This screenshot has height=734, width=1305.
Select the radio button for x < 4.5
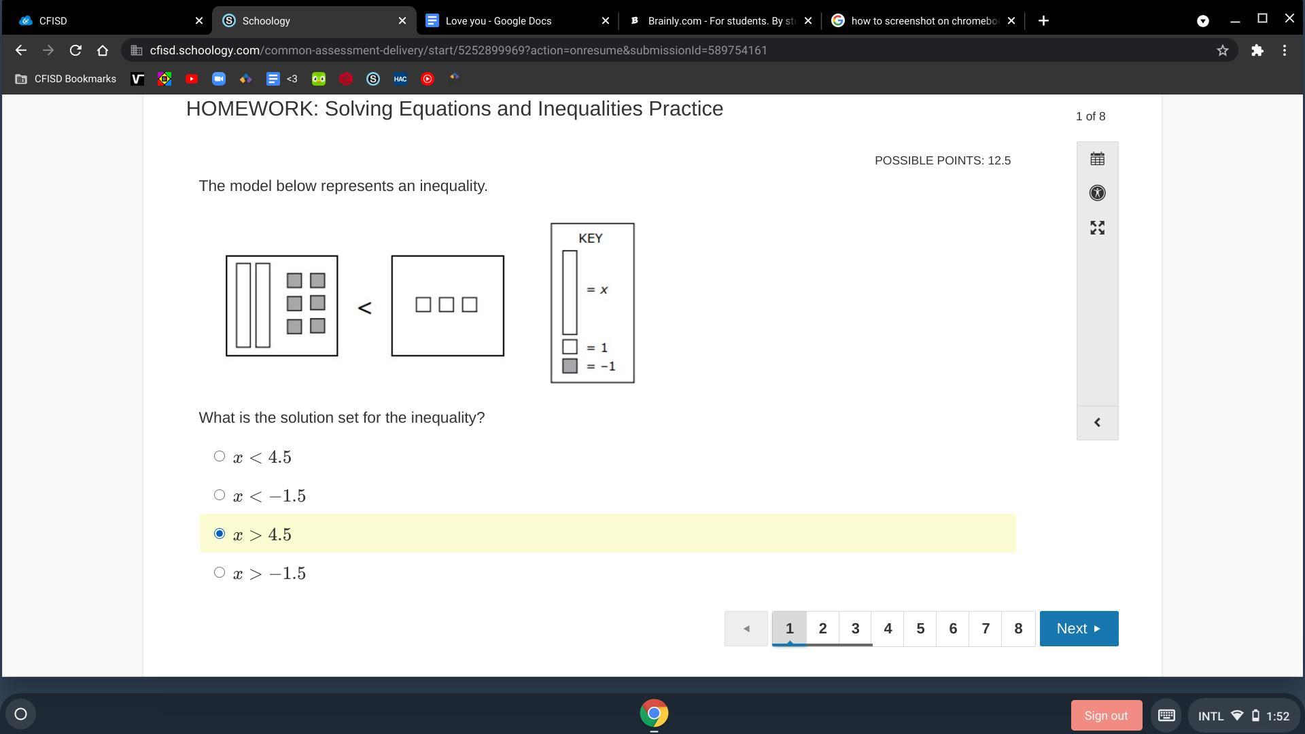(x=219, y=456)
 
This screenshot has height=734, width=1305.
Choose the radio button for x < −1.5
(x=219, y=495)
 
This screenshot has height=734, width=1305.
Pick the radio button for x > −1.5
(x=219, y=572)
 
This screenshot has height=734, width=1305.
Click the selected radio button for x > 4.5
(x=219, y=534)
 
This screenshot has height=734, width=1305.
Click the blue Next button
(x=1079, y=629)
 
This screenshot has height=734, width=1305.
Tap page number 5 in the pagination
(x=920, y=629)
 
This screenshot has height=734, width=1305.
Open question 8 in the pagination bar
(x=1018, y=629)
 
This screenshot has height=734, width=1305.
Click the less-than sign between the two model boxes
(x=364, y=308)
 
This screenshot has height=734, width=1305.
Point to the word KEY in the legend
(x=591, y=239)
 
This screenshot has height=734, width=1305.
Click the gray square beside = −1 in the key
(x=570, y=366)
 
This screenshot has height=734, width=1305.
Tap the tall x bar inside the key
(x=570, y=292)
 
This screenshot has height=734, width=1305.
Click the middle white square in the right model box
(x=446, y=304)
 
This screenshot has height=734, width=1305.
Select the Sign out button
(x=1106, y=716)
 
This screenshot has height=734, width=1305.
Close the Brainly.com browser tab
(x=808, y=21)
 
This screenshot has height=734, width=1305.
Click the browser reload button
(x=75, y=50)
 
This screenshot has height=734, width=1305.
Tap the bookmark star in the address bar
(x=1223, y=50)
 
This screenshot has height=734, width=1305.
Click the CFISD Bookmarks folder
(x=66, y=79)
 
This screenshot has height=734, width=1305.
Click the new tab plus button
(x=1043, y=21)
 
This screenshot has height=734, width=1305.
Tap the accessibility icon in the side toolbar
(x=1097, y=193)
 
